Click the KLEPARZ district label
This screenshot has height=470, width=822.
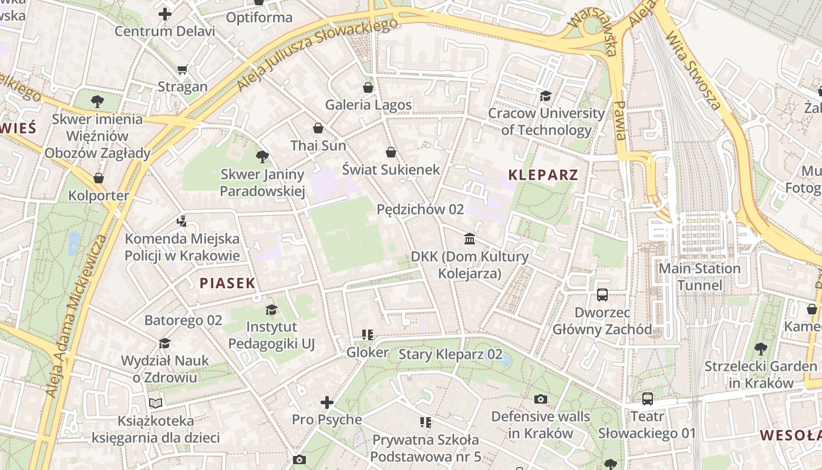543,174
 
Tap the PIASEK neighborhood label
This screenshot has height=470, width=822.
228,283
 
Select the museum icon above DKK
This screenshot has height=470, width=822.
470,239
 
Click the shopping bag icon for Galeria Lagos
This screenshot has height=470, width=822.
368,88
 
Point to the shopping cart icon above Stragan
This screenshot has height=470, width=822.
182,69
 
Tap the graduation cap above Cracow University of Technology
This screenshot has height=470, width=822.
546,96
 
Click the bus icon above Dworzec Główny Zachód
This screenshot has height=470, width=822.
602,294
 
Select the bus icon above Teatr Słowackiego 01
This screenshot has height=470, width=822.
647,399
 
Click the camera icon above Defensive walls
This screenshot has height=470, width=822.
541,399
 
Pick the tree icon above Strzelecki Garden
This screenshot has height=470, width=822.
760,349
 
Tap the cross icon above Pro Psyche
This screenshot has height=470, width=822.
327,402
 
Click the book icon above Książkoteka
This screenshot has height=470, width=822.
156,403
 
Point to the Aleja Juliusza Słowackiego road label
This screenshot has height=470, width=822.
317,54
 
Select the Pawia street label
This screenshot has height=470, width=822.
619,120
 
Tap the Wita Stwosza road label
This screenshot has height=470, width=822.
693,71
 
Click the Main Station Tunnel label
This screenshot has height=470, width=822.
699,277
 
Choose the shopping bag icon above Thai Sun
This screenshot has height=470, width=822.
318,128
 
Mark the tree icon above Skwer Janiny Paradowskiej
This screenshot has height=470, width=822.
262,156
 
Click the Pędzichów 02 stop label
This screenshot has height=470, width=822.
420,209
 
